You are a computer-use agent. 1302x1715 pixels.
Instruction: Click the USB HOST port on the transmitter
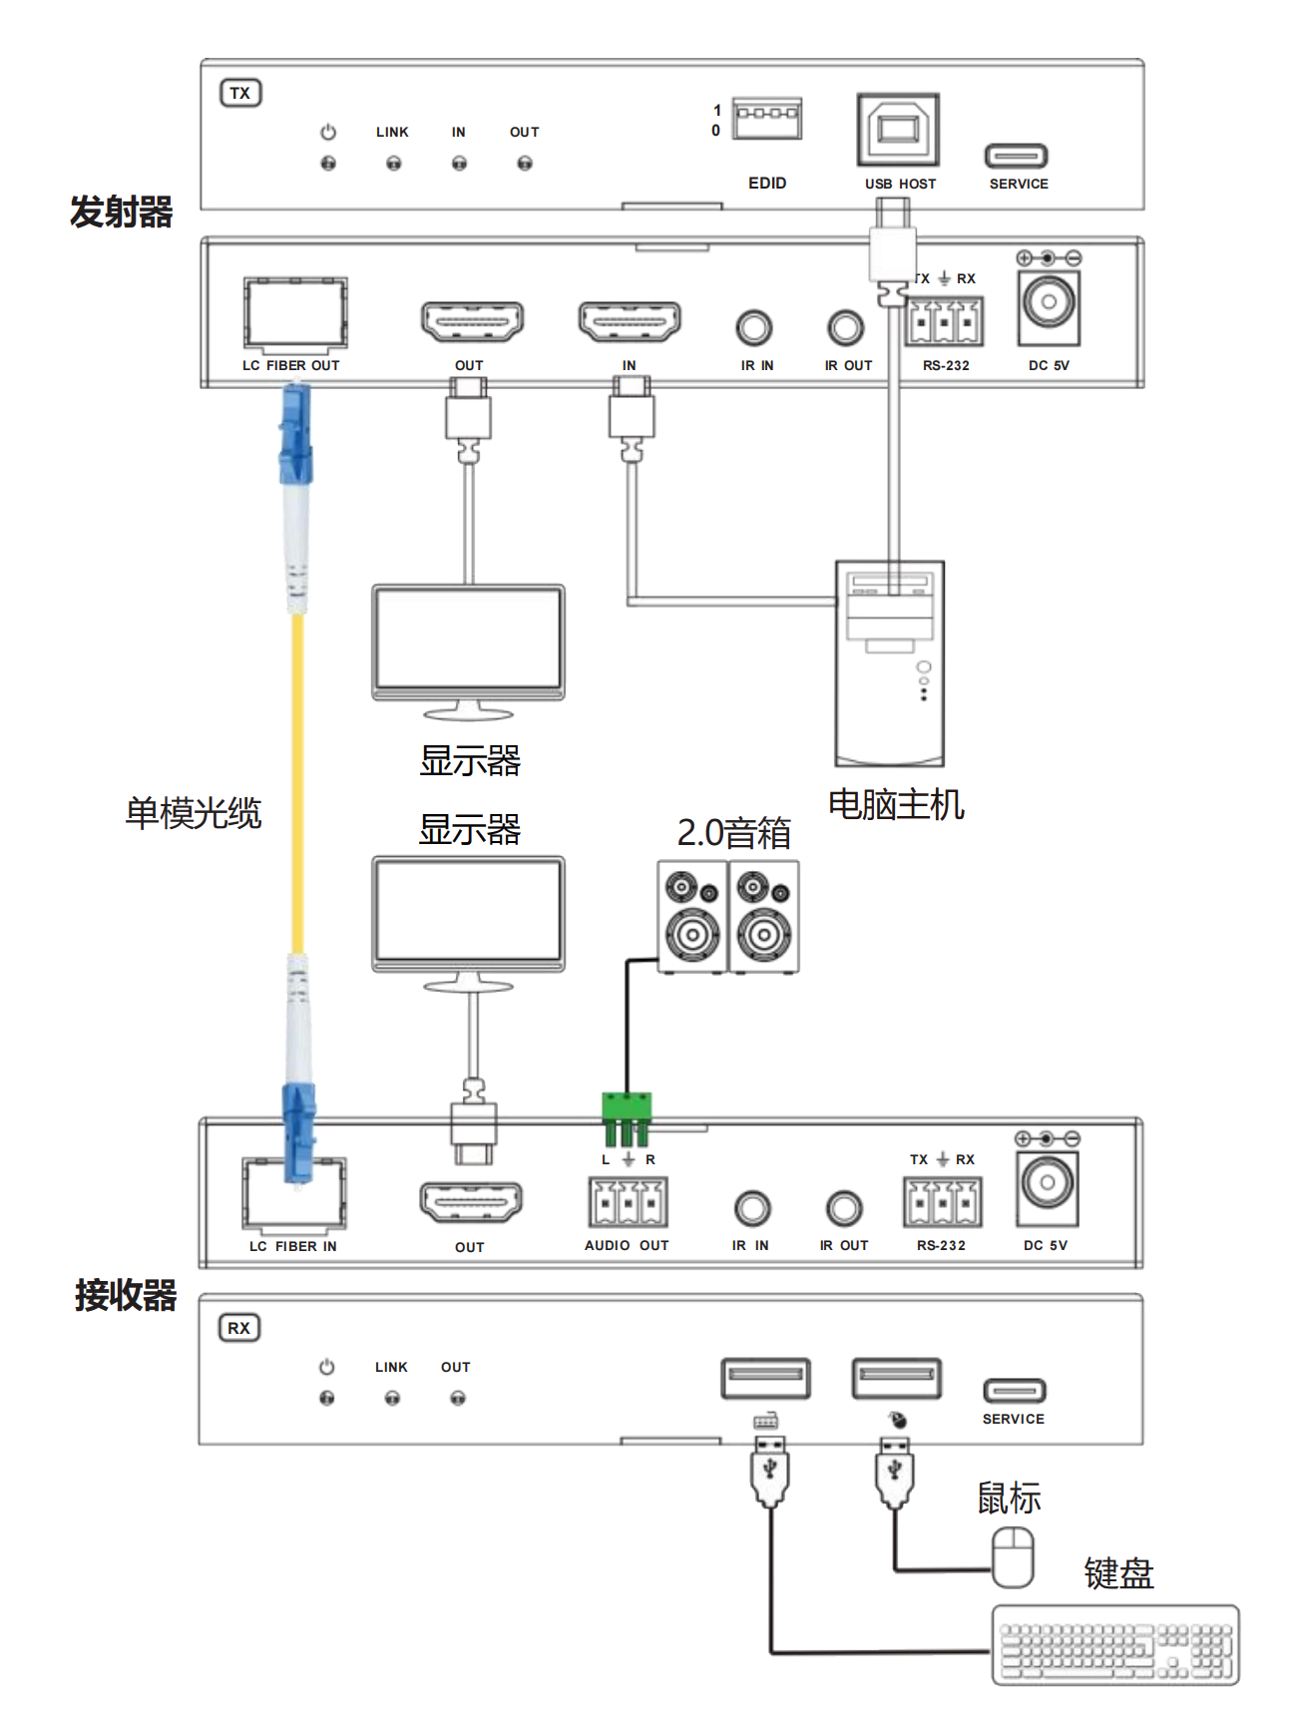(x=898, y=131)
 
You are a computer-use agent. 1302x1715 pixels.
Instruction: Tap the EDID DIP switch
(x=766, y=119)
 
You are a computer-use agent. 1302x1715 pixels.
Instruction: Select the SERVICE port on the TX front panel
(x=1016, y=156)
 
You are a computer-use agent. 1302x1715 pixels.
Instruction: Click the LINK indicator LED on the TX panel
(x=393, y=163)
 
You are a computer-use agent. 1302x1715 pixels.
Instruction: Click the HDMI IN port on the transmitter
(x=630, y=322)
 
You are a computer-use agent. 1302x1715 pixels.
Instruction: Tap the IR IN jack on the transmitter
(x=754, y=327)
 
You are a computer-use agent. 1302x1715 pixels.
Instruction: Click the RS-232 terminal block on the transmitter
(x=944, y=322)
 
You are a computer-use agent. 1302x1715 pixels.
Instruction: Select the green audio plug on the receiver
(x=627, y=1118)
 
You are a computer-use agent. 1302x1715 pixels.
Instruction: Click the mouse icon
(x=1012, y=1557)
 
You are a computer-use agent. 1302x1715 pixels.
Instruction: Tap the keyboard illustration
(x=1115, y=1644)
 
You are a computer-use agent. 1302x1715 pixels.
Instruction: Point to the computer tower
(x=890, y=663)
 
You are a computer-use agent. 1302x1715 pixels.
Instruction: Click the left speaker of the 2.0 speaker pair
(x=692, y=916)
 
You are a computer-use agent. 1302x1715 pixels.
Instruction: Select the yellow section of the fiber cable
(x=297, y=783)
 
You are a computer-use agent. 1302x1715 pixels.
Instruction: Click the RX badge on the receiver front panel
(x=239, y=1328)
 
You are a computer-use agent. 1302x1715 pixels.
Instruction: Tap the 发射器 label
(x=122, y=212)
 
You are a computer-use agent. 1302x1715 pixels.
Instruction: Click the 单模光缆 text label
(x=194, y=813)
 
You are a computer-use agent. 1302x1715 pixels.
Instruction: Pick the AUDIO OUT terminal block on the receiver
(x=628, y=1202)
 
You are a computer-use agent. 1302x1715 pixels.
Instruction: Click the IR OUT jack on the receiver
(x=844, y=1208)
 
